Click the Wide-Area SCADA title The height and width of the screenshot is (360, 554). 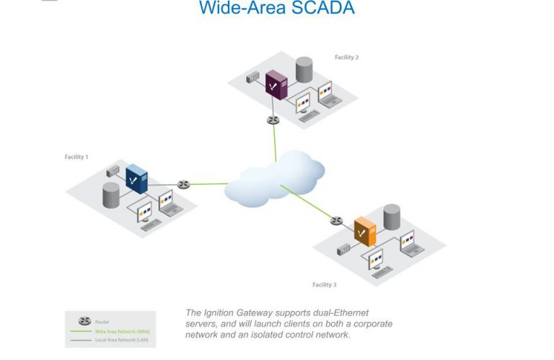pyautogui.click(x=277, y=9)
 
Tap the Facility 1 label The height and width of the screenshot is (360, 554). pyautogui.click(x=76, y=157)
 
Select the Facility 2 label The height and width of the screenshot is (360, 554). pyautogui.click(x=346, y=58)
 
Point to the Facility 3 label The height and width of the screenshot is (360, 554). pyautogui.click(x=325, y=285)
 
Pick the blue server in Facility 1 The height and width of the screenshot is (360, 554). pyautogui.click(x=136, y=179)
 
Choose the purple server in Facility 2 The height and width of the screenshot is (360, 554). pyautogui.click(x=276, y=85)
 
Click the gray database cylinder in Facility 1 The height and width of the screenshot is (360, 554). pyautogui.click(x=111, y=195)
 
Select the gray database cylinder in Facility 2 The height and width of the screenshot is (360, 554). pyautogui.click(x=304, y=69)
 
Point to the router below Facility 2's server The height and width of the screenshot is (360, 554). pyautogui.click(x=273, y=119)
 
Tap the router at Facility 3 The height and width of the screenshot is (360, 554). pyautogui.click(x=337, y=220)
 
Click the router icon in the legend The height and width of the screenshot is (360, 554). pyautogui.click(x=84, y=321)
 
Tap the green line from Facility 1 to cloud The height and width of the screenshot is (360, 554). pyautogui.click(x=209, y=184)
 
